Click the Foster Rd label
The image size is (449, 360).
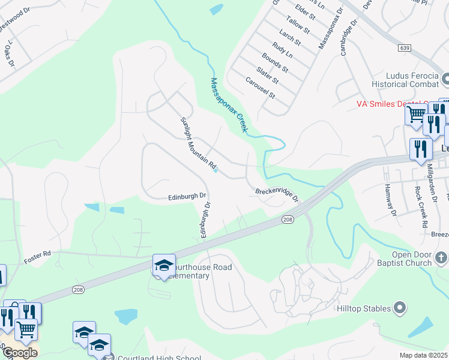37,257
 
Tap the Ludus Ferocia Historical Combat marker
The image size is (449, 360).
445,79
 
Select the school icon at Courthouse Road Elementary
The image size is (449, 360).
163,265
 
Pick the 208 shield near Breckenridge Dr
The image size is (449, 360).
287,220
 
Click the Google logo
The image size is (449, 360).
20,352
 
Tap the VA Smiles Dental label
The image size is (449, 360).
382,103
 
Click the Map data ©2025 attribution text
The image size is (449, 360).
423,355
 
